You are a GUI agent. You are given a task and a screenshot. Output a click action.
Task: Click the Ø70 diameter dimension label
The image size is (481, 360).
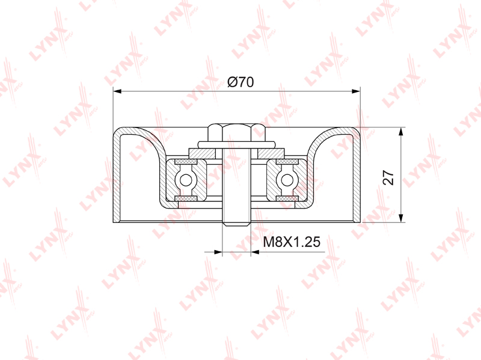pyautogui.click(x=240, y=82)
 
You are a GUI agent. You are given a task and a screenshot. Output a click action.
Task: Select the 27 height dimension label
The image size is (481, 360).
pyautogui.click(x=388, y=177)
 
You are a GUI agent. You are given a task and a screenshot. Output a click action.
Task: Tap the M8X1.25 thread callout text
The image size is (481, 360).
pyautogui.click(x=292, y=242)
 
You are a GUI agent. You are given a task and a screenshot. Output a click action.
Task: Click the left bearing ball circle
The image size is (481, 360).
pyautogui.click(x=186, y=180)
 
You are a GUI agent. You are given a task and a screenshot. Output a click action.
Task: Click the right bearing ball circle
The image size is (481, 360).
pyautogui.click(x=287, y=180)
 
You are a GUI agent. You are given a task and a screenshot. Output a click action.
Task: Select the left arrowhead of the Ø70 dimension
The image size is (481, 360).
pyautogui.click(x=118, y=91)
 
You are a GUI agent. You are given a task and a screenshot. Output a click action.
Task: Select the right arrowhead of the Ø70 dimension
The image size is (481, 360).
pyautogui.click(x=355, y=91)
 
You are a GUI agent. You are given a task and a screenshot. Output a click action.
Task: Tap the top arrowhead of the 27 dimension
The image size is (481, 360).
pyautogui.click(x=400, y=132)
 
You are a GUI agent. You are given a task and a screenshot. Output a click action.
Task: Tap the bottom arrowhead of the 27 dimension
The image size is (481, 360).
pyautogui.click(x=400, y=218)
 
